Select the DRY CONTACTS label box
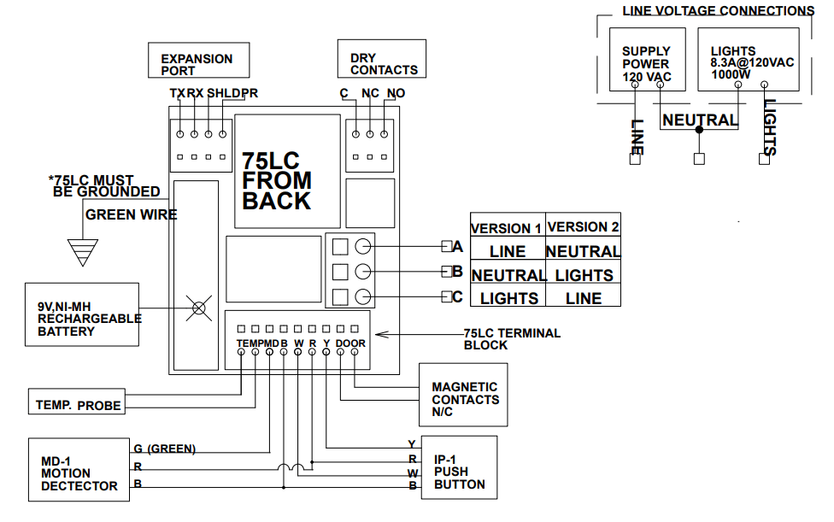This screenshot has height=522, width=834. coord(381,59)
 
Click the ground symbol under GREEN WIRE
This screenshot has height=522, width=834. coord(83,251)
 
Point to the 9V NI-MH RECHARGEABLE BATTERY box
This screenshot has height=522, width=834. coord(81,314)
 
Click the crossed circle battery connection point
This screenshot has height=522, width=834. coord(199,308)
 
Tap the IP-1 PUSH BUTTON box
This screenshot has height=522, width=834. coord(459,468)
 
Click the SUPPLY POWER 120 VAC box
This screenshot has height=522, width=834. coord(645,59)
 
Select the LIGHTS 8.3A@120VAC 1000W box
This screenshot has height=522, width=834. coord(749,59)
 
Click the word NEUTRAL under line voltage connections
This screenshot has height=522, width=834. coord(700,120)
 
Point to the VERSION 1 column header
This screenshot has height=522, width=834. coord(507,228)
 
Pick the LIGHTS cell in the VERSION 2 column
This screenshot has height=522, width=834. coord(584,275)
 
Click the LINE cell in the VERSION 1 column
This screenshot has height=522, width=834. coord(508,252)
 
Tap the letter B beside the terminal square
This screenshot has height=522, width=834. coord(458,272)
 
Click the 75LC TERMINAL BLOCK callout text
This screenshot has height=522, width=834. coord(512,339)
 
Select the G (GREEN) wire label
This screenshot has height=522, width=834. coord(165,448)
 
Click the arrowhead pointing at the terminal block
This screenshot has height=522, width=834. coord(381,334)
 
